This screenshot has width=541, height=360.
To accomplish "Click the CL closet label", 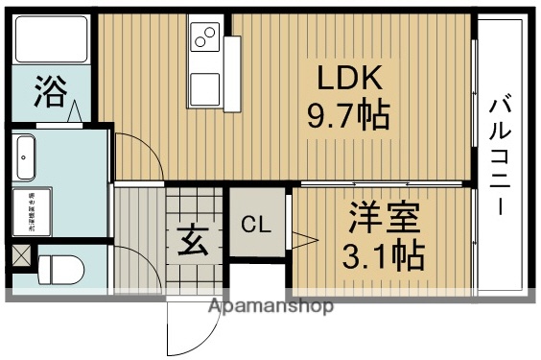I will pyautogui.click(x=255, y=226).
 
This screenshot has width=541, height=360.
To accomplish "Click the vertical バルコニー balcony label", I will pyautogui.click(x=500, y=154).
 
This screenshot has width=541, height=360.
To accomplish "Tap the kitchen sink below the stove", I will pyautogui.click(x=206, y=88).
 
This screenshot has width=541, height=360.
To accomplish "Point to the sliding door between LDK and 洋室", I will pyautogui.click(x=384, y=182).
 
